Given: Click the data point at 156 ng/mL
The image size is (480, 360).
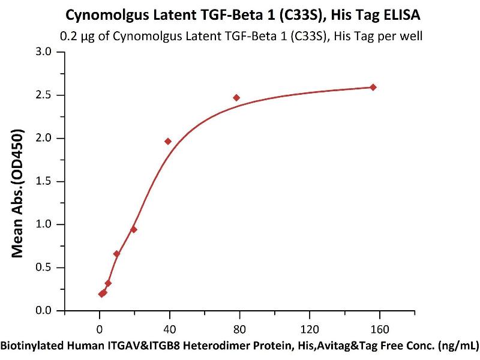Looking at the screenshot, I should coord(373,87).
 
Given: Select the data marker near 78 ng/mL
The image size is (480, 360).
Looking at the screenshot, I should coord(236,98).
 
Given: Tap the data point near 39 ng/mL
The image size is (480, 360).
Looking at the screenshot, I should coord(168,141).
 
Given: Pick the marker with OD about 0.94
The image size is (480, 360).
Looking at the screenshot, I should coord(134,229).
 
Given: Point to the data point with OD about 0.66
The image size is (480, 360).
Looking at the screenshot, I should coord(116,254).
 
